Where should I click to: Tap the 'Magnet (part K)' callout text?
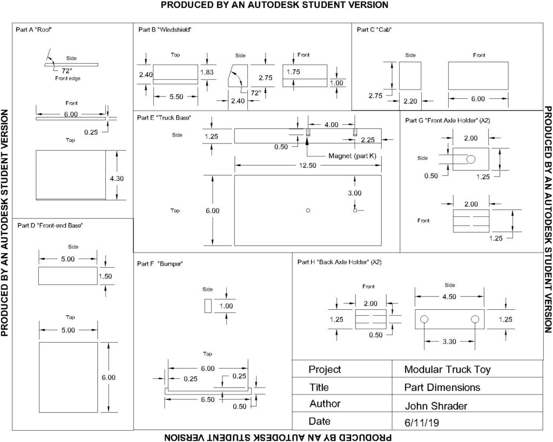(352, 156)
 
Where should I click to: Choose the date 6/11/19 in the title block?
(421, 423)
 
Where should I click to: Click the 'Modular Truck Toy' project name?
(447, 370)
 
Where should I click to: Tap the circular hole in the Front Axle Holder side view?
(470, 159)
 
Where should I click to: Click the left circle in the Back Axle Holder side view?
(424, 319)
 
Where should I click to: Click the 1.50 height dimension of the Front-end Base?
(105, 276)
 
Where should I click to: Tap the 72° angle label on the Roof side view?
(66, 70)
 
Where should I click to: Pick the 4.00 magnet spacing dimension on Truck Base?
(331, 125)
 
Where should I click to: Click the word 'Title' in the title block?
(319, 387)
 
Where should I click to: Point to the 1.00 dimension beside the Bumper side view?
(226, 306)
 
